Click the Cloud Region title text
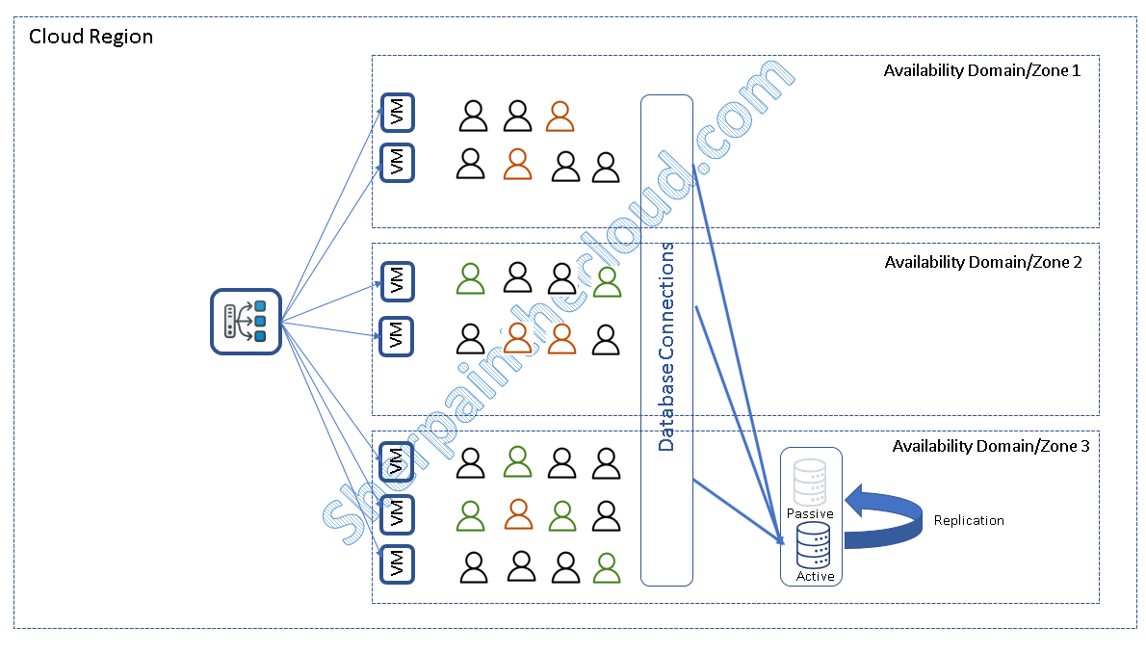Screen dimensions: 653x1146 [x=91, y=38]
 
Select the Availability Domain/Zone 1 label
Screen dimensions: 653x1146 [x=982, y=71]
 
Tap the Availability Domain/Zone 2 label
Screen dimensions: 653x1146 [x=983, y=262]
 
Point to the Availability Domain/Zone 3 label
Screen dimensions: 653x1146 [x=991, y=447]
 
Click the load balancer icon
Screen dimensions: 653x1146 [x=245, y=322]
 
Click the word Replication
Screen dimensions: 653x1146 [x=969, y=520]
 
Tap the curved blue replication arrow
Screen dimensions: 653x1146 [x=881, y=520]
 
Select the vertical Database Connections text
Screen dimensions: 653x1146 [x=666, y=347]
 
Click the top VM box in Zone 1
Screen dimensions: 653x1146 [x=398, y=113]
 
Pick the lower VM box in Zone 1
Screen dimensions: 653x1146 [x=398, y=162]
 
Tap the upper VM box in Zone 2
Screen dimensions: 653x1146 [x=397, y=280]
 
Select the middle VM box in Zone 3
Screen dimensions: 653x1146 [x=397, y=512]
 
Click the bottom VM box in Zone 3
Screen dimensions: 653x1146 [x=397, y=563]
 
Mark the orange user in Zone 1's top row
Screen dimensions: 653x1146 [x=560, y=117]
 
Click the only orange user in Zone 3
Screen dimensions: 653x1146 [x=518, y=514]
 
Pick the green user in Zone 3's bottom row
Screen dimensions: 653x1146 [x=606, y=567]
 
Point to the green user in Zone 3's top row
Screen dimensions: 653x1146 [x=518, y=462]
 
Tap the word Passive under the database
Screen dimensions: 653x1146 [x=809, y=513]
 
